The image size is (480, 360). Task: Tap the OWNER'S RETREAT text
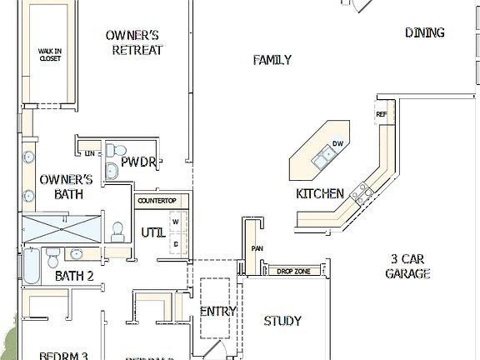pyautogui.click(x=134, y=42)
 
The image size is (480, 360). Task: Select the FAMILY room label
pyautogui.click(x=272, y=60)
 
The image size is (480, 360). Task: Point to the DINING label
pyautogui.click(x=424, y=33)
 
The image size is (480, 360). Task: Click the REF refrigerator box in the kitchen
pyautogui.click(x=382, y=114)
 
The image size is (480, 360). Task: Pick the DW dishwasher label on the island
pyautogui.click(x=337, y=144)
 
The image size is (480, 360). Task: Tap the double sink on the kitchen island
pyautogui.click(x=321, y=156)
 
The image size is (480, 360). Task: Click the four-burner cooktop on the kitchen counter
pyautogui.click(x=361, y=193)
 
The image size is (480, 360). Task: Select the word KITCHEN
pyautogui.click(x=320, y=194)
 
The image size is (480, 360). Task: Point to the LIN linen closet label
pyautogui.click(x=88, y=153)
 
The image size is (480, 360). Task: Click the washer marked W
pyautogui.click(x=176, y=222)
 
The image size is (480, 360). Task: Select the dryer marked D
pyautogui.click(x=176, y=242)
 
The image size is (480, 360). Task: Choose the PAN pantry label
pyautogui.click(x=257, y=248)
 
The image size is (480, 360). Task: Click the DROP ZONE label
pyautogui.click(x=295, y=271)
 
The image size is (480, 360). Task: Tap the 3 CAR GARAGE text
pyautogui.click(x=407, y=266)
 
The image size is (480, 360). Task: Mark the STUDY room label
pyautogui.click(x=282, y=321)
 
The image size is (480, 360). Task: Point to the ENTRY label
pyautogui.click(x=218, y=312)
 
